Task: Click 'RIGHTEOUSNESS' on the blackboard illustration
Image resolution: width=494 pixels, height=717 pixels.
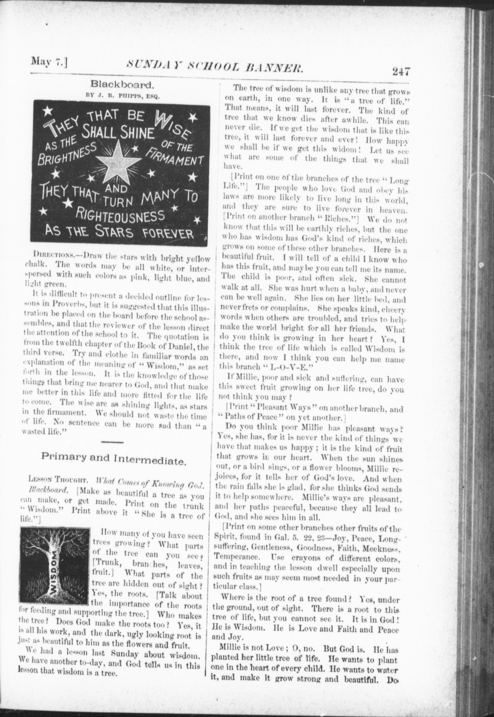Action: (120, 216)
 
